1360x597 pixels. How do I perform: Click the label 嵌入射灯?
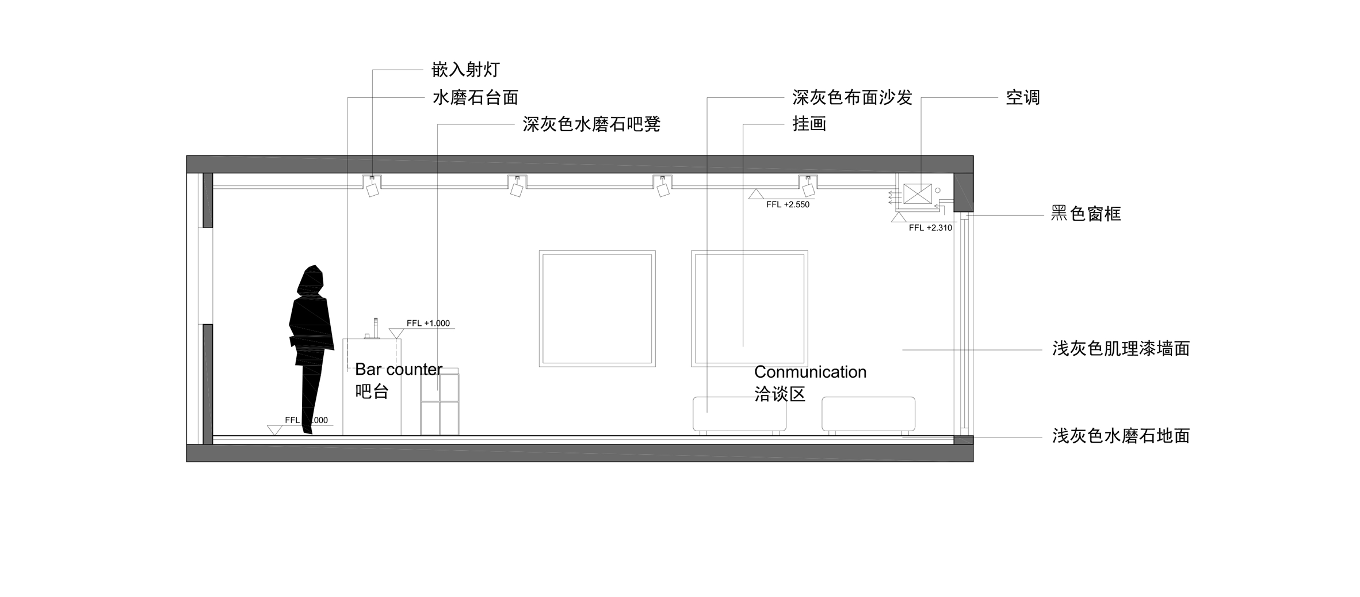pos(465,70)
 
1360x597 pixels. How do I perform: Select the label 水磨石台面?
pos(475,97)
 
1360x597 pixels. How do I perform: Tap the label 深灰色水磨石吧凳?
pos(591,124)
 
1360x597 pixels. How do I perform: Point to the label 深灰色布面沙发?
pos(853,97)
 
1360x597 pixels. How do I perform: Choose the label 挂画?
pos(809,124)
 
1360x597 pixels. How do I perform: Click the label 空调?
pos(1023,97)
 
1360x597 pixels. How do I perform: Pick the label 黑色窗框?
pos(1086,214)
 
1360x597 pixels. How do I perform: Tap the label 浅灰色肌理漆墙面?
pos(1121,348)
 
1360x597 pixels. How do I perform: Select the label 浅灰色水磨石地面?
pos(1121,436)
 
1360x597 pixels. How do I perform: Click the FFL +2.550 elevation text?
pos(788,204)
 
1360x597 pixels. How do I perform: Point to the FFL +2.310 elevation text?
pos(930,227)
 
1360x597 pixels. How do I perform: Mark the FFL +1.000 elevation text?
pos(428,323)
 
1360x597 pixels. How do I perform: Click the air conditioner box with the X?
pos(918,194)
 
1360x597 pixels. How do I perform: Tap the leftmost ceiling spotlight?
pos(372,187)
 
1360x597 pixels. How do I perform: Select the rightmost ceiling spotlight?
pos(808,187)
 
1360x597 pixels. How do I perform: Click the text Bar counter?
pos(399,369)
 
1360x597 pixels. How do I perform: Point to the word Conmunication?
pos(810,372)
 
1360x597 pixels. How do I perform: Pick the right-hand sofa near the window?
pos(868,415)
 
